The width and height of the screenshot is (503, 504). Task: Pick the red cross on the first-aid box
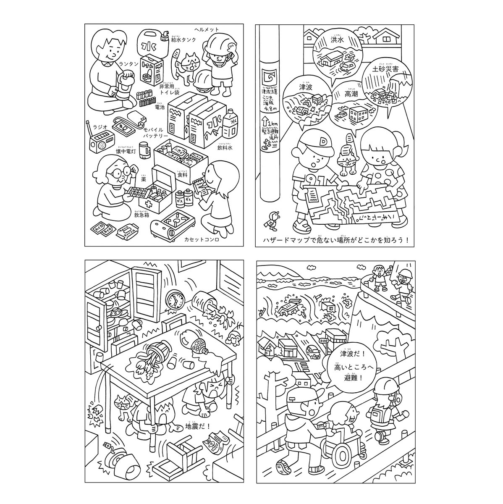(x=148, y=205)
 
